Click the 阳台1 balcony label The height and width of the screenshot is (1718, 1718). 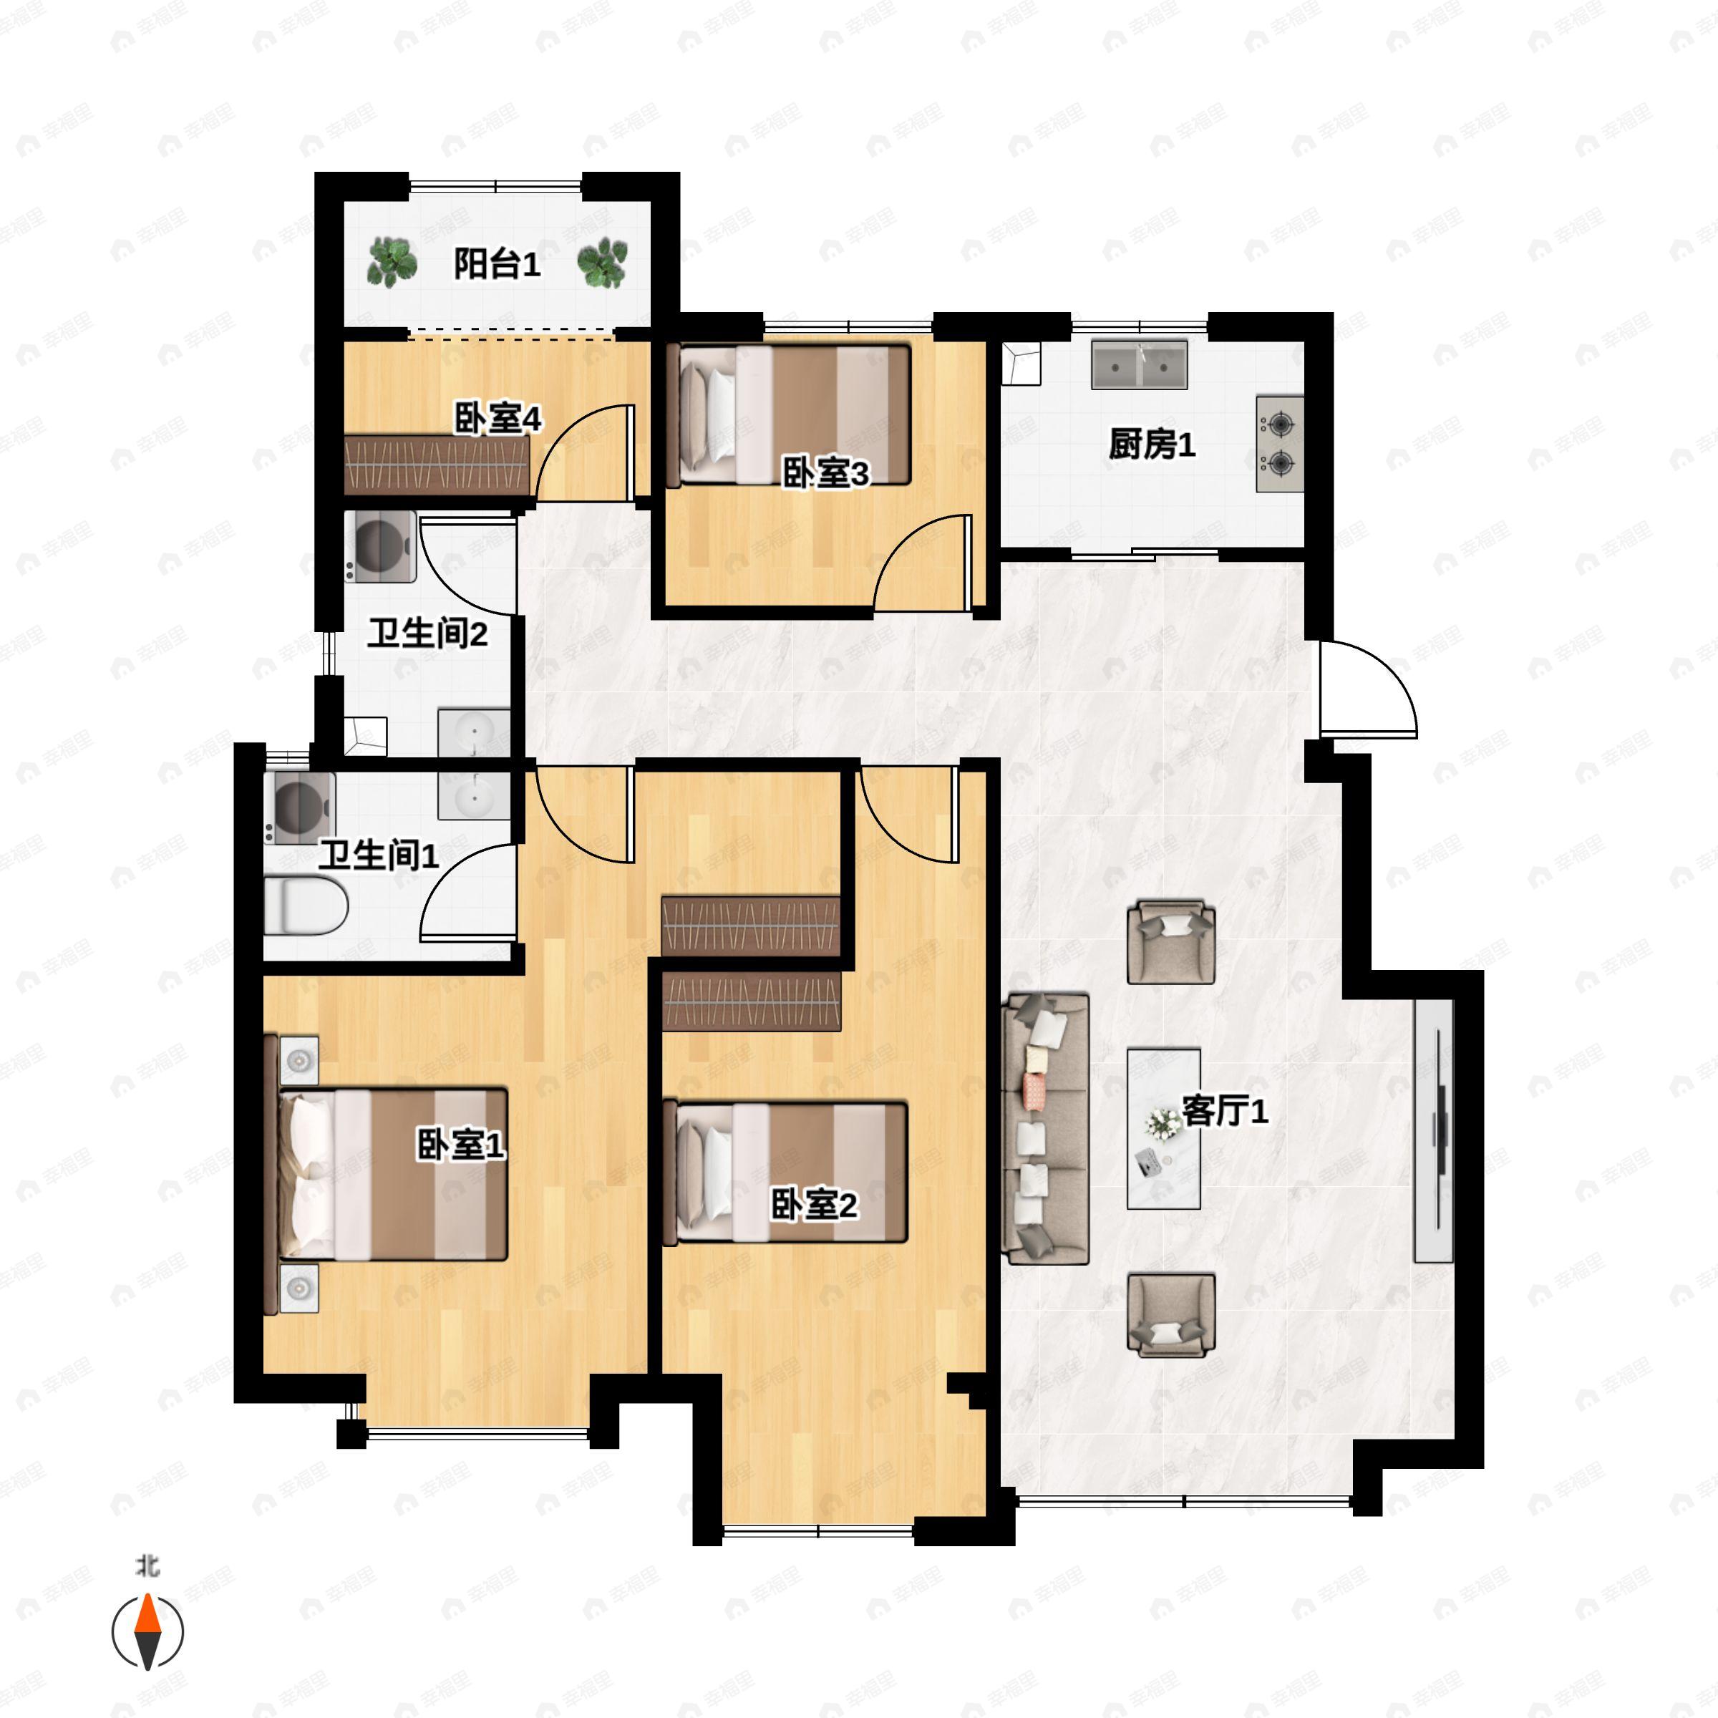click(x=497, y=264)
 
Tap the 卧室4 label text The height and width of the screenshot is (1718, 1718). click(x=498, y=418)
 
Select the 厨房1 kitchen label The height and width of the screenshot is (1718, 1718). click(x=1152, y=444)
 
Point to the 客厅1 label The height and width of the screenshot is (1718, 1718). click(x=1225, y=1111)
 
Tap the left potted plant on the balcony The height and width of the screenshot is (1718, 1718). click(x=392, y=262)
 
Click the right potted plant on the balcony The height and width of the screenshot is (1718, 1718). click(x=603, y=262)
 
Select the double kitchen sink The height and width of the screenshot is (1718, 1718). click(x=1139, y=364)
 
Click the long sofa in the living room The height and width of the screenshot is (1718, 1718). click(x=1046, y=1130)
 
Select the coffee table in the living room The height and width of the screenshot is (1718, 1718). click(x=1164, y=1128)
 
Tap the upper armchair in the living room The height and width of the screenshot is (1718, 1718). click(x=1171, y=943)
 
